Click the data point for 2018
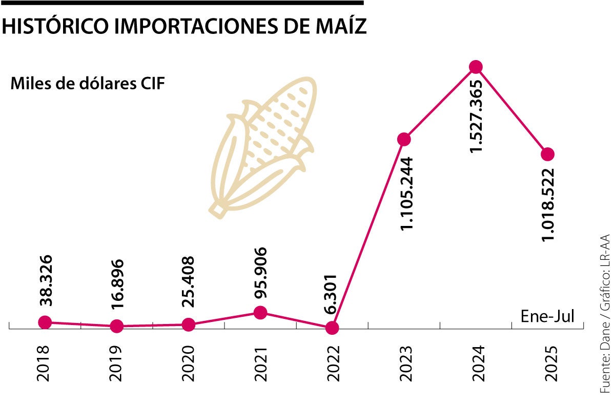45,322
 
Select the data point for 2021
260,312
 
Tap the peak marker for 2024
476,67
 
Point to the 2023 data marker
404,139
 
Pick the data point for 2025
548,154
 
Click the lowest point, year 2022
332,328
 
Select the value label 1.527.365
477,116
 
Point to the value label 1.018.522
549,204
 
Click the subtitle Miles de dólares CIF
88,84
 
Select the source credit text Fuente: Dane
604,354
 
